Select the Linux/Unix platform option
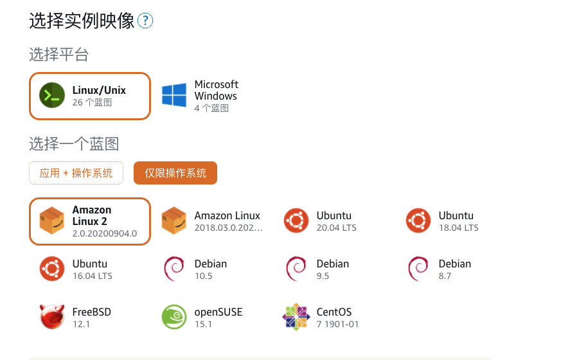tap(90, 96)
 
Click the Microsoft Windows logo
tap(174, 95)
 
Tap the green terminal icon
tap(51, 96)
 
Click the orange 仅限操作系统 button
tap(175, 173)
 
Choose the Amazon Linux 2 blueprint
tap(90, 221)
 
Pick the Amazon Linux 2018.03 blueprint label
tap(227, 216)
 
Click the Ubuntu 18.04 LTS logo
tap(418, 221)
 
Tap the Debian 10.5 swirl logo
tap(174, 269)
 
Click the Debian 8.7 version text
tap(445, 276)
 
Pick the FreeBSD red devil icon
tap(51, 318)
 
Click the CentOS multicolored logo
tap(296, 318)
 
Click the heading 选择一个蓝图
tap(74, 143)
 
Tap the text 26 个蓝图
tap(92, 102)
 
